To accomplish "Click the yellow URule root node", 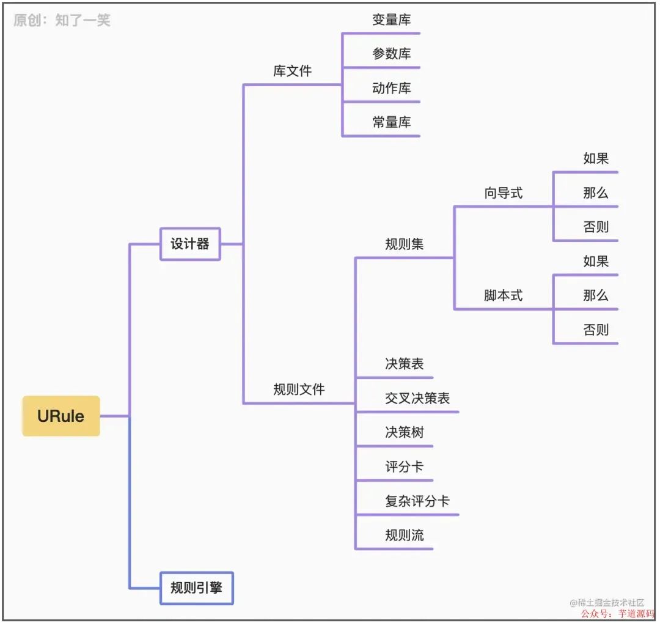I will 61,416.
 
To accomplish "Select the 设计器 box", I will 190,244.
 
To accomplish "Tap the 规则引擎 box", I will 196,588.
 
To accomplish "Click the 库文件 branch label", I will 292,71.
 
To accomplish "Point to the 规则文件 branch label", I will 299,389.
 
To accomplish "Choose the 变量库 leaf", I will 392,20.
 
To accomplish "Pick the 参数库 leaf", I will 392,54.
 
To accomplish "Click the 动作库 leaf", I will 392,88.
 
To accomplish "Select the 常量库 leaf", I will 392,122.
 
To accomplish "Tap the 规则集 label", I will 405,245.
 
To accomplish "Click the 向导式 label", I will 504,193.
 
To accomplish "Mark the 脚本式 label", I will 504,296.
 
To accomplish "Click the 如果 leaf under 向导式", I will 596,159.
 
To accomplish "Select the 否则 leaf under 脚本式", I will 596,330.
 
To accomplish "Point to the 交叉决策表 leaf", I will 417,399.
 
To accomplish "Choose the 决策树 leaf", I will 405,433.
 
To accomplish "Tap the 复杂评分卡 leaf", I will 417,501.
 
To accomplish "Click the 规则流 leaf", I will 405,536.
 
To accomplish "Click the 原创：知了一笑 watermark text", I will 62,21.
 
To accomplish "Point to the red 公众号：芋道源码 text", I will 617,613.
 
